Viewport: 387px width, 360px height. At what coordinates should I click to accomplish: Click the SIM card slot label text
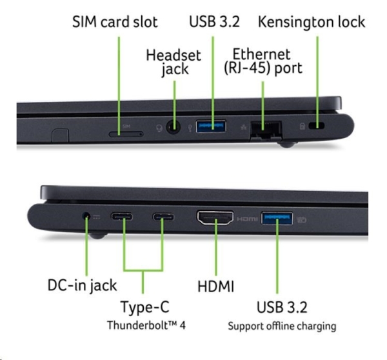(x=115, y=21)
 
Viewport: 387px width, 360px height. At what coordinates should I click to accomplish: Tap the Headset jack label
(x=174, y=62)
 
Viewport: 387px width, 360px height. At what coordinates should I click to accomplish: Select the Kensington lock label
(x=312, y=21)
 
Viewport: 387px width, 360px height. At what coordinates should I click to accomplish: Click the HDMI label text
(x=216, y=285)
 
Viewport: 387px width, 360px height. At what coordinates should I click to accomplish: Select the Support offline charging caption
(x=282, y=325)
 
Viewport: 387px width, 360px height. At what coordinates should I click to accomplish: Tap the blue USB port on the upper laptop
(x=212, y=126)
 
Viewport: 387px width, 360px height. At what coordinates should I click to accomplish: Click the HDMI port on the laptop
(x=216, y=219)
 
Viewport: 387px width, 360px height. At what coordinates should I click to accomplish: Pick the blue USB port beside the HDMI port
(x=277, y=219)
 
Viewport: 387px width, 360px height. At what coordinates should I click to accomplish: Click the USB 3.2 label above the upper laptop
(x=214, y=21)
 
